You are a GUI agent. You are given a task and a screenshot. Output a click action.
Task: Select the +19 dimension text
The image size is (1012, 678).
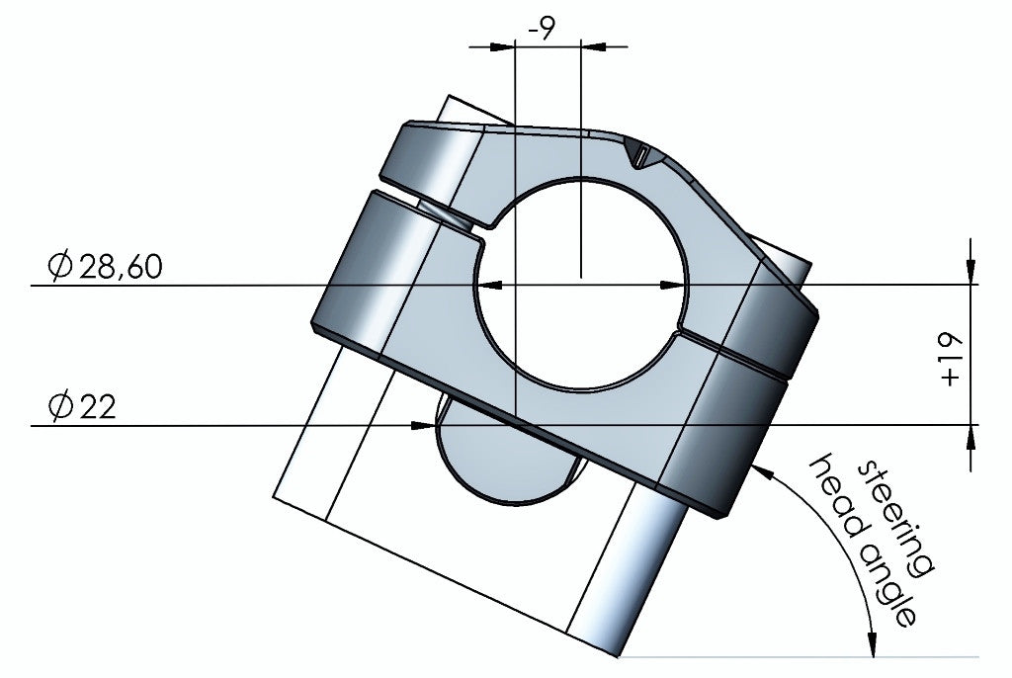(951, 357)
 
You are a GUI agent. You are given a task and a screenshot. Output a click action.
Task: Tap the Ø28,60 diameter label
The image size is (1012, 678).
(105, 267)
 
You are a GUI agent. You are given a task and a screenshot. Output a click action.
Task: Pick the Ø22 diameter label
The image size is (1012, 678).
(81, 406)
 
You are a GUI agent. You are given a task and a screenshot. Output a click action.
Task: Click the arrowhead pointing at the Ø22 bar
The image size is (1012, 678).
(423, 426)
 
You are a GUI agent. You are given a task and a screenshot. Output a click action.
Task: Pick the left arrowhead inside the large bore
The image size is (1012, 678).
(491, 285)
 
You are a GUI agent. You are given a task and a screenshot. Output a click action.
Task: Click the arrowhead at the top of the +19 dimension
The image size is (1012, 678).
(970, 273)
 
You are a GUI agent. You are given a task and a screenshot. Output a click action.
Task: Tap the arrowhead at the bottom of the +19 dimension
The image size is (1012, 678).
(970, 438)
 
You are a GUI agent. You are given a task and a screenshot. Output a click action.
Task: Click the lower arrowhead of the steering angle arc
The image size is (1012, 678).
(870, 642)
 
